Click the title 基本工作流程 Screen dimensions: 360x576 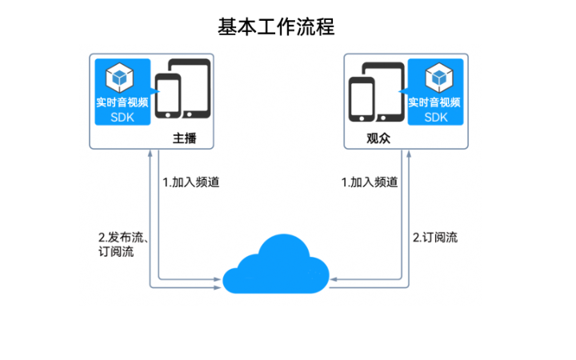[276, 26]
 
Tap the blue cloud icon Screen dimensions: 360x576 [276, 265]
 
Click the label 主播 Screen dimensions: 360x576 [184, 138]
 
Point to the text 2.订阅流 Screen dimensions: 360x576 [435, 238]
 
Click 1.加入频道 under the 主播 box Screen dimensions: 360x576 [190, 182]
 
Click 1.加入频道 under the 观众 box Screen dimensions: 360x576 [369, 182]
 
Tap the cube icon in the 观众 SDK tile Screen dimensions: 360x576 [436, 78]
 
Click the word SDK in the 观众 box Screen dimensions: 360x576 [436, 117]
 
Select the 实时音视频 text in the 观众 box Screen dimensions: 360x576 [434, 102]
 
